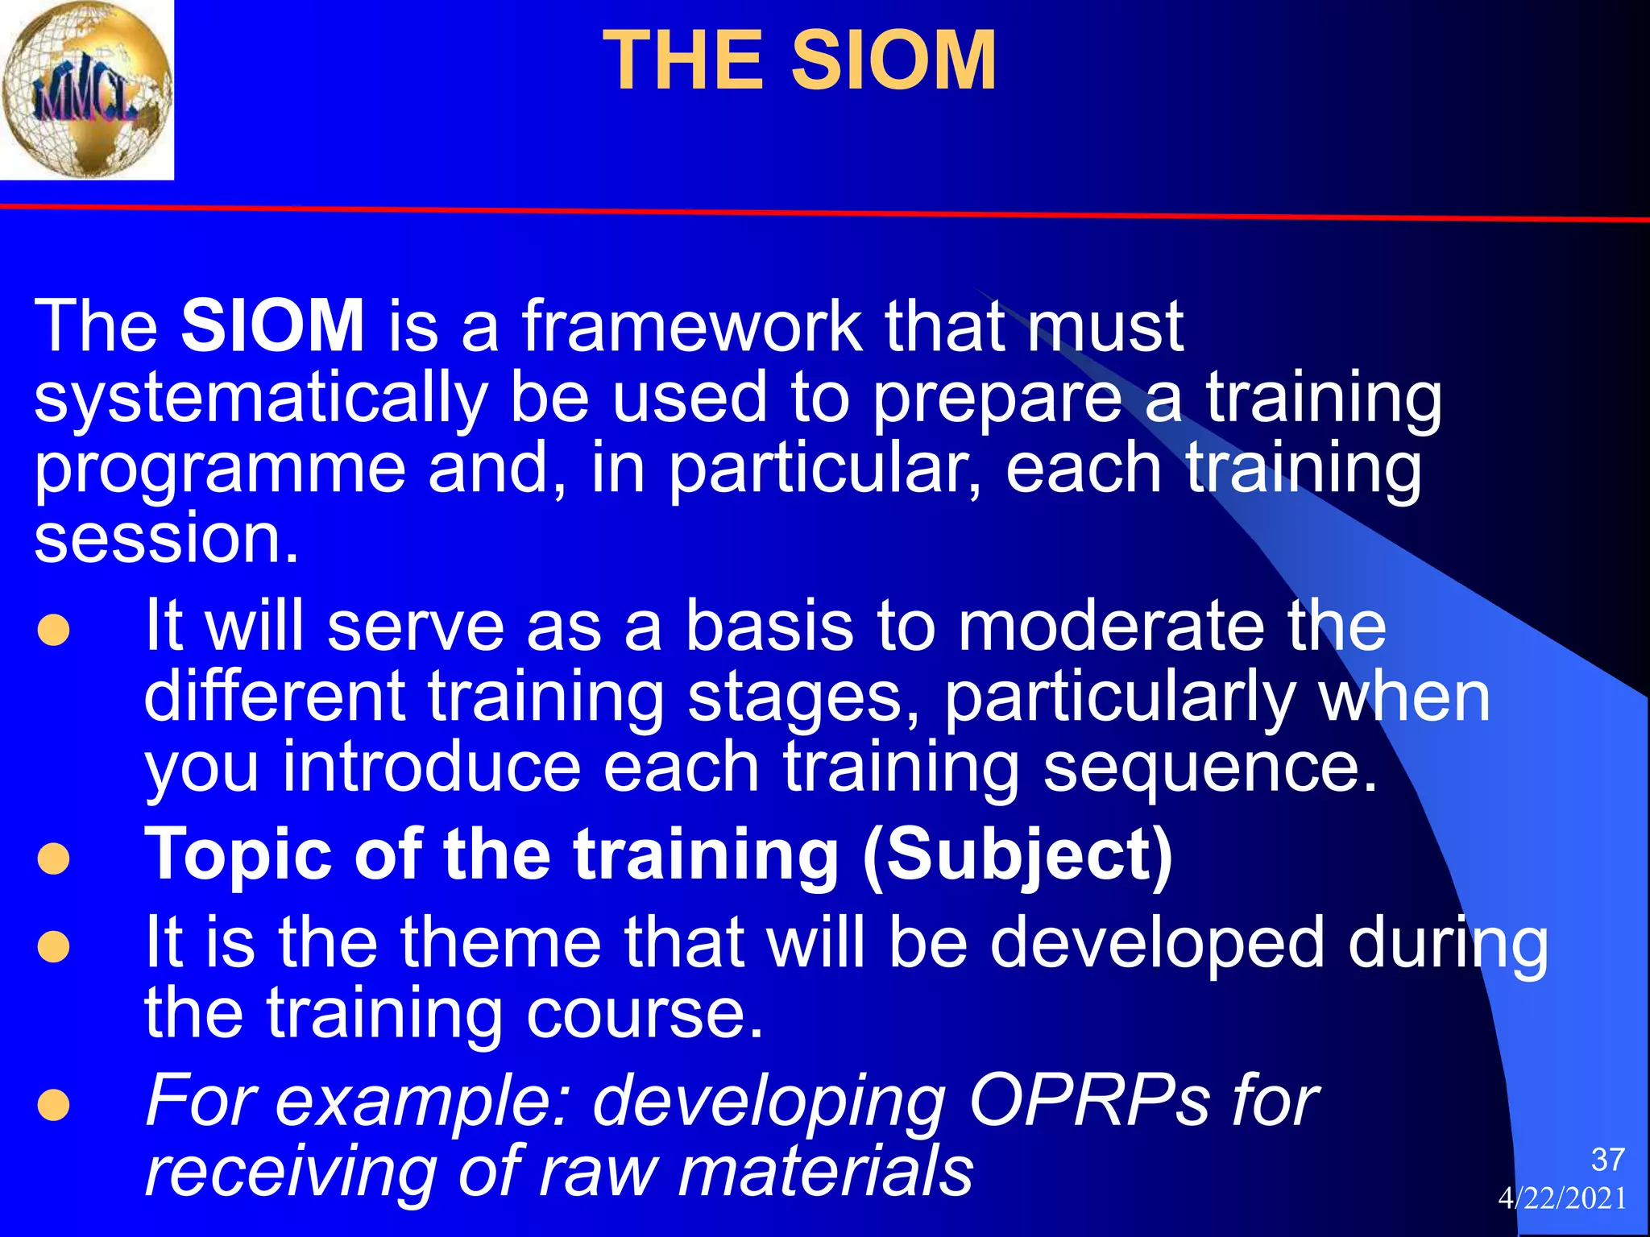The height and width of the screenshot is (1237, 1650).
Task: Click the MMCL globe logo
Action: tap(86, 89)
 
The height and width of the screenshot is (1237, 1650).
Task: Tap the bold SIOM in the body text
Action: tap(272, 325)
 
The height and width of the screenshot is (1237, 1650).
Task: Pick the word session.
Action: tap(166, 538)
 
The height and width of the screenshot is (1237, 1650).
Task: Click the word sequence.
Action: tap(1209, 767)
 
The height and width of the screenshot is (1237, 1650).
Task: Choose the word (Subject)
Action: tap(1018, 856)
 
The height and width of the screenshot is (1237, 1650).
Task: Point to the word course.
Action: tap(644, 1013)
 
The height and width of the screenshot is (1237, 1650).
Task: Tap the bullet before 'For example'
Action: tap(54, 1106)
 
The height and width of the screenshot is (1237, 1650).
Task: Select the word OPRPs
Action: tap(1088, 1101)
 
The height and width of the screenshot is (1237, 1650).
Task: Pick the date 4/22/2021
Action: tap(1562, 1198)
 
